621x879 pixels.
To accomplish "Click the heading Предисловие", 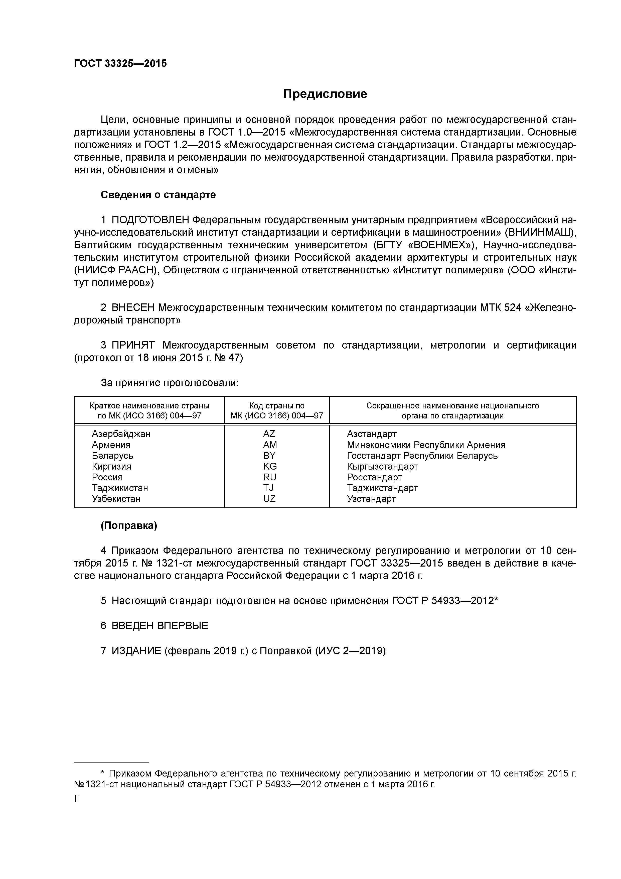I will click(325, 94).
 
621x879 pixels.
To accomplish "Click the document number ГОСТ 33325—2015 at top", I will click(120, 64).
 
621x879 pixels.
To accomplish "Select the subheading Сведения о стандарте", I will click(158, 195).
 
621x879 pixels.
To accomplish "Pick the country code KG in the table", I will click(270, 466).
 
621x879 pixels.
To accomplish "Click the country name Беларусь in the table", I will click(112, 456).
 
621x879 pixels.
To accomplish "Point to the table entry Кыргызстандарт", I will click(382, 466).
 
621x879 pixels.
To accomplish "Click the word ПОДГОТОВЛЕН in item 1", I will click(150, 220).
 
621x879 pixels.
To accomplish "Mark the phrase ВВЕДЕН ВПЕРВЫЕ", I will click(160, 626).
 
